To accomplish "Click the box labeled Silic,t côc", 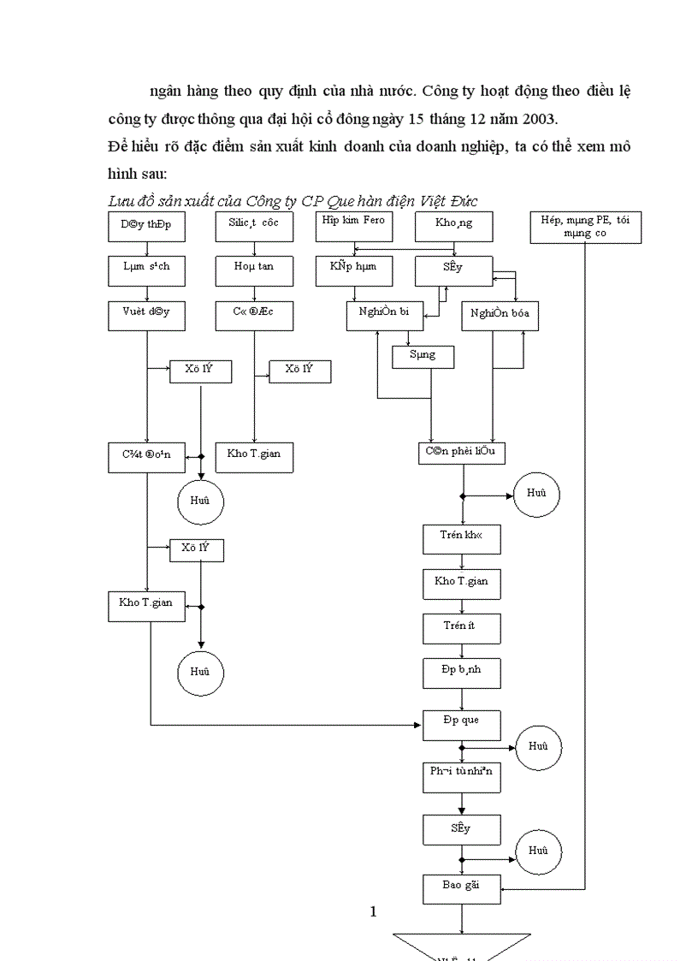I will pos(254,226).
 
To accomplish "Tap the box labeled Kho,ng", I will pos(453,227).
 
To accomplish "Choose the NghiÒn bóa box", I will pos(500,316).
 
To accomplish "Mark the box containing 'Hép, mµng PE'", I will pos(585,227).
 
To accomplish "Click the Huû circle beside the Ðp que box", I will pos(537,748).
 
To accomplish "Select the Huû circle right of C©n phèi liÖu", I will pos(536,495).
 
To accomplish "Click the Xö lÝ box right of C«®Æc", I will pos(299,371).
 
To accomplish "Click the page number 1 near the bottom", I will pos(373,911).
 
